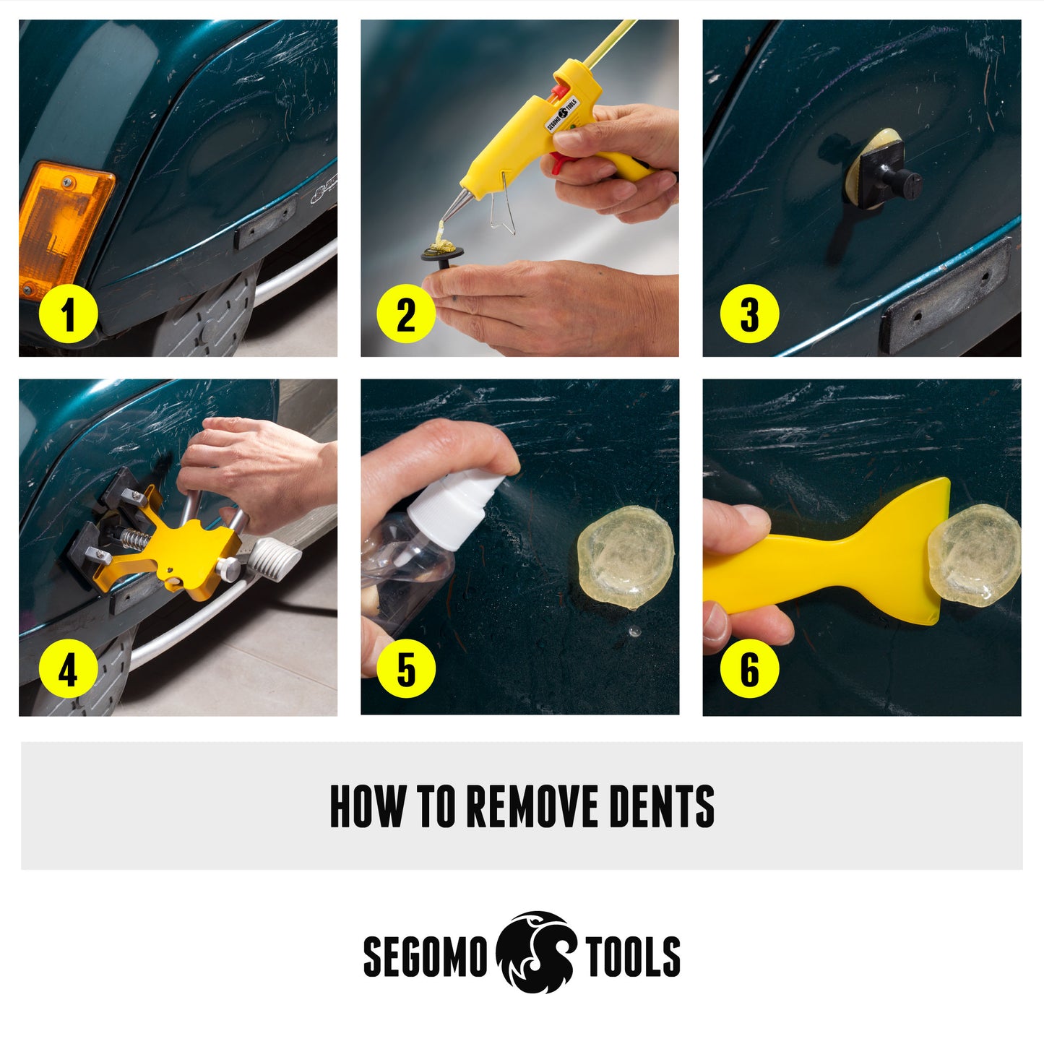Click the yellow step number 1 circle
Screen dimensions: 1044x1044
coord(68,314)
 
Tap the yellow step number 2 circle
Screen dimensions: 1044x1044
coord(406,314)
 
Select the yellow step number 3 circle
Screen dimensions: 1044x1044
coord(749,314)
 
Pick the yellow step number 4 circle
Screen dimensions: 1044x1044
coord(68,669)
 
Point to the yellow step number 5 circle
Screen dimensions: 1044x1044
coord(406,669)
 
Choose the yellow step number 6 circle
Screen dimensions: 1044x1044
coord(749,669)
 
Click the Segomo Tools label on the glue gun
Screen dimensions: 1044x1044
coord(562,116)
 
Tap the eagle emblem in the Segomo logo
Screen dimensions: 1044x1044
coord(535,952)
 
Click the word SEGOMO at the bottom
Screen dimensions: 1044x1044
coord(426,956)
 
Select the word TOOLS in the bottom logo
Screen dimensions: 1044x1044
coord(633,956)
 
